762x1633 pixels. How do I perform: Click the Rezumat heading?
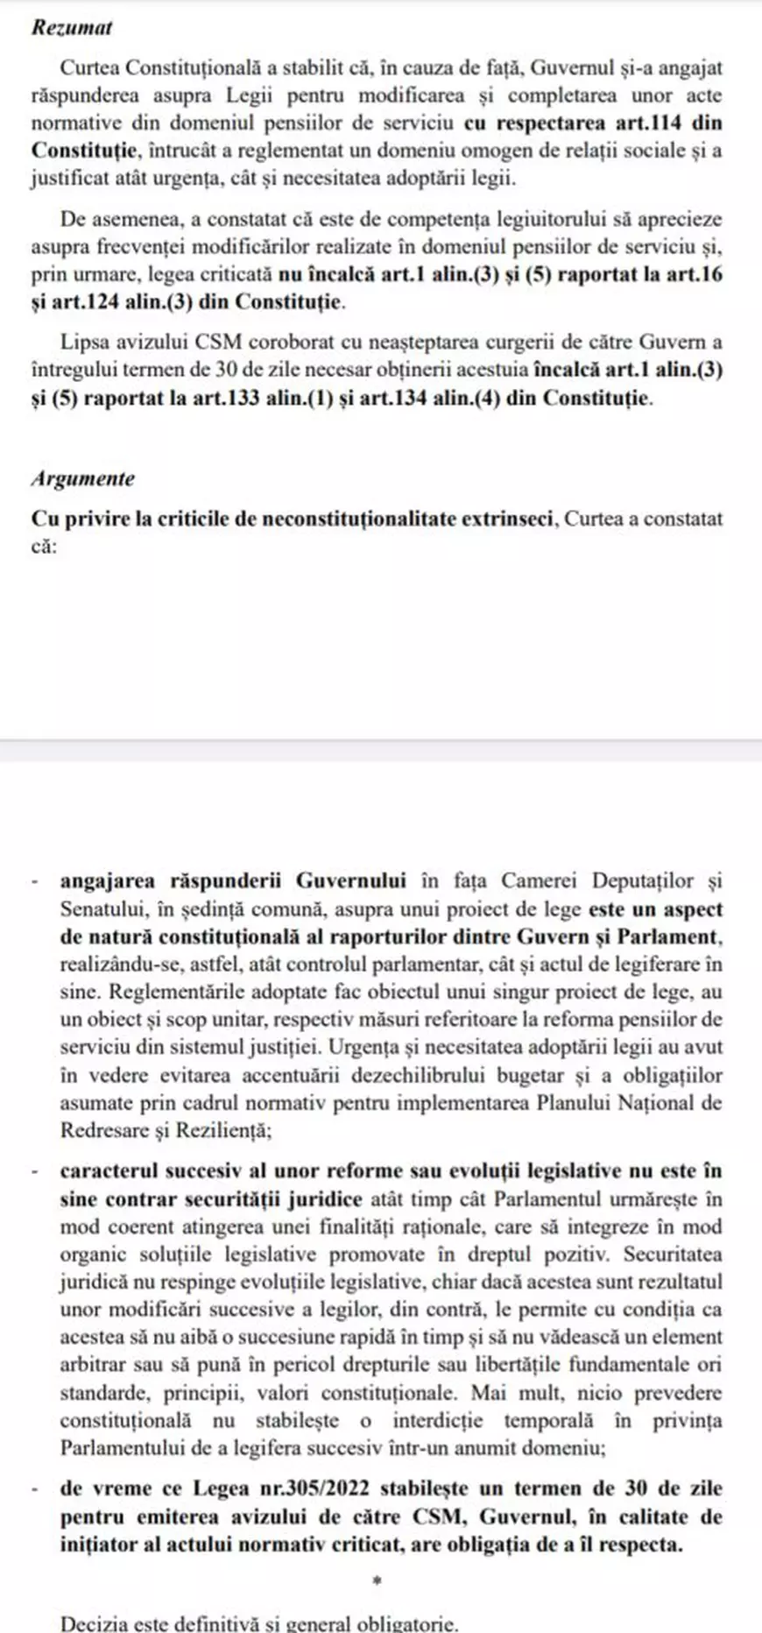(72, 27)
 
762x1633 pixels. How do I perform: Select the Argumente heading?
(83, 478)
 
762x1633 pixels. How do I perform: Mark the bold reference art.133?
(225, 398)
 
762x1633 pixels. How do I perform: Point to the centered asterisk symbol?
(377, 1582)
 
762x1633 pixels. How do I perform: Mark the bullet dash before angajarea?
(34, 882)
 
